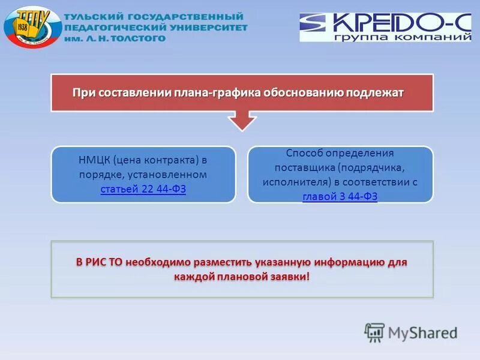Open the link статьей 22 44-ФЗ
(x=143, y=189)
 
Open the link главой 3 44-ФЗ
(x=340, y=196)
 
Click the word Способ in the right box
(x=302, y=153)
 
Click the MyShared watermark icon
(x=374, y=332)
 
